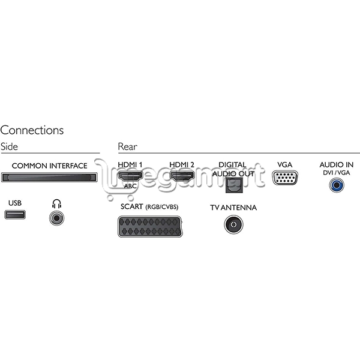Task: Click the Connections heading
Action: [32, 130]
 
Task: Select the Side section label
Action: [9, 147]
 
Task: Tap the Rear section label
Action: [128, 147]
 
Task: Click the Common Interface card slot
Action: [49, 178]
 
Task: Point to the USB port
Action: [15, 215]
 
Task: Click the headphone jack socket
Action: [57, 218]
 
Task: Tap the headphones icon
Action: [56, 203]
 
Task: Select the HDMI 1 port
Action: [130, 176]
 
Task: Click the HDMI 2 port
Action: [182, 176]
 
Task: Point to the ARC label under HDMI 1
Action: [130, 186]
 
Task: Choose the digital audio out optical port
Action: [234, 185]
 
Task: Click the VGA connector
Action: [285, 178]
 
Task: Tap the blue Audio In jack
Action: [337, 185]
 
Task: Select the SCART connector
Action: [150, 226]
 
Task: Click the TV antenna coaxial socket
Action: [233, 224]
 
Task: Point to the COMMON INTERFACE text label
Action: [49, 166]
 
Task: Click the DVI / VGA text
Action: [337, 173]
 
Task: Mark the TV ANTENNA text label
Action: [233, 208]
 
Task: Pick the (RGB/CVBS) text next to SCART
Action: [162, 207]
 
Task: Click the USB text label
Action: [15, 203]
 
